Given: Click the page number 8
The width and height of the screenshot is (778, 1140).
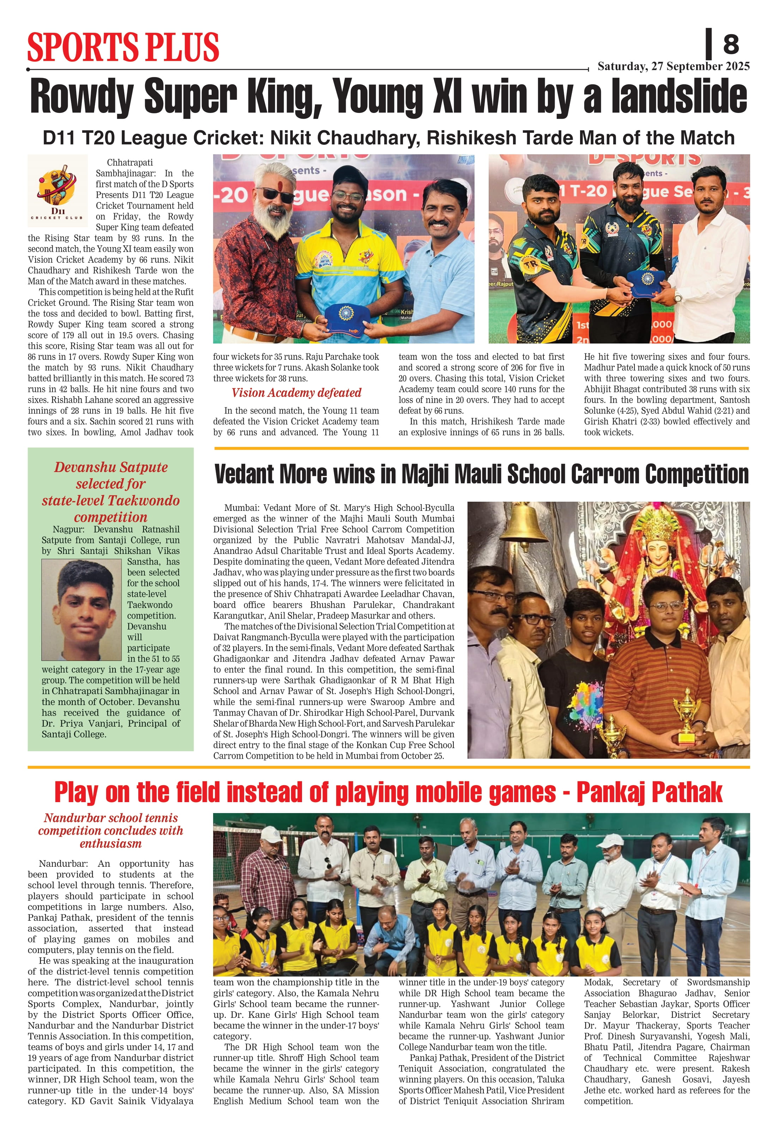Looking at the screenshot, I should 730,44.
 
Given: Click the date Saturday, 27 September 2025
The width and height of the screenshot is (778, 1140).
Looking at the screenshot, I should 673,67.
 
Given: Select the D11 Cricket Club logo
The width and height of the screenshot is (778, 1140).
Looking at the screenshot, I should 58,191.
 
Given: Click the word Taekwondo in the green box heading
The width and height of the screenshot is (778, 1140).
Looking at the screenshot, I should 145,501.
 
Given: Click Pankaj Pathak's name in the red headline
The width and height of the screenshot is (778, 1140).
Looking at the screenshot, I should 649,793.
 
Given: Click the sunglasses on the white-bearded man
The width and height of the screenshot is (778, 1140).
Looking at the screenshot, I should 275,195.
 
